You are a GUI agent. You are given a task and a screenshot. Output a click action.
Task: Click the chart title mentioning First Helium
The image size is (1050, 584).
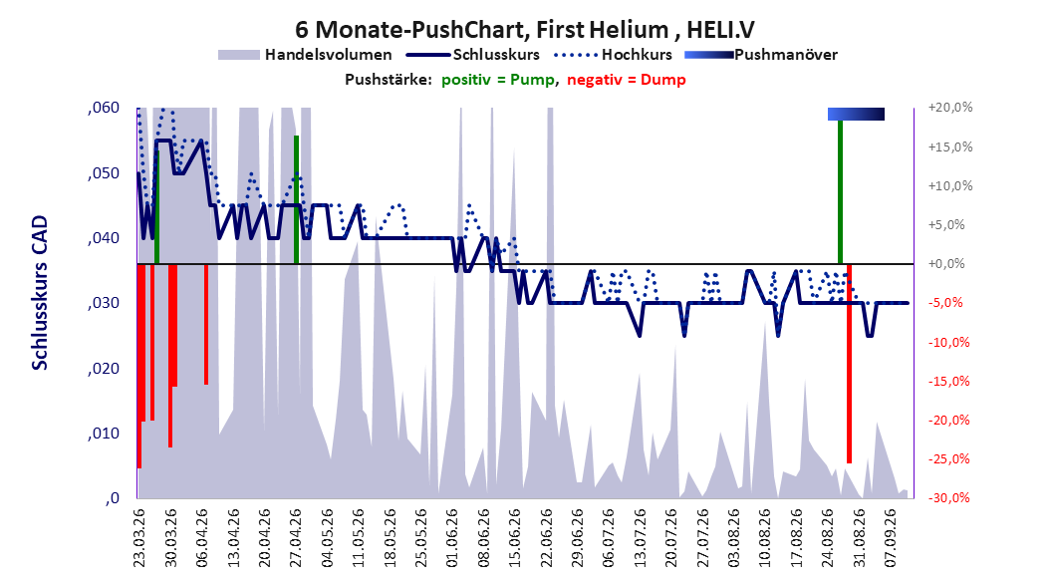(x=525, y=30)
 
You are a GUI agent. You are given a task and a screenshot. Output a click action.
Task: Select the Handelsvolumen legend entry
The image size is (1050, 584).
(x=305, y=55)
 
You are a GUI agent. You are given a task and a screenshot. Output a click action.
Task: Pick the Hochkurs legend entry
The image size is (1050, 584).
(x=614, y=55)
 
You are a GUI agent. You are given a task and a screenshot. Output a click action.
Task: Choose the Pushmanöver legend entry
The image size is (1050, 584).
(x=761, y=55)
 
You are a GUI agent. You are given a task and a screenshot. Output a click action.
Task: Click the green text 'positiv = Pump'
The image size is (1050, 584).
(x=497, y=80)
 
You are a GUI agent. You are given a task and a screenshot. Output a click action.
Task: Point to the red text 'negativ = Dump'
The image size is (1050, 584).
(x=627, y=80)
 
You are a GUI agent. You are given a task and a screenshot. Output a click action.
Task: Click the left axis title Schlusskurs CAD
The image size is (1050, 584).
(x=40, y=293)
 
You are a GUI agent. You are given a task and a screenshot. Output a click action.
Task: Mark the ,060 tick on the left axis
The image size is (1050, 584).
(x=104, y=108)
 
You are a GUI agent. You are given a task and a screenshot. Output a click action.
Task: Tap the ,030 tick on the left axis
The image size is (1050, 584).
(x=104, y=303)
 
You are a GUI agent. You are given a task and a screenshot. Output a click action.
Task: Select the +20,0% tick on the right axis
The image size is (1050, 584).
(x=950, y=108)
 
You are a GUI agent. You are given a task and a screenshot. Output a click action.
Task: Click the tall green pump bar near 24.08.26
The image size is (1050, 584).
(x=841, y=192)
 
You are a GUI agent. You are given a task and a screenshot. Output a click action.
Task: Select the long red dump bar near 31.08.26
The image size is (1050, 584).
(x=849, y=364)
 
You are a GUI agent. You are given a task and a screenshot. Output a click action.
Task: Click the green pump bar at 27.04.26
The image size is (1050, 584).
(x=296, y=199)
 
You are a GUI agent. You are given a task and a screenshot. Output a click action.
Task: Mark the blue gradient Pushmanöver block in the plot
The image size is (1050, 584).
(x=856, y=114)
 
